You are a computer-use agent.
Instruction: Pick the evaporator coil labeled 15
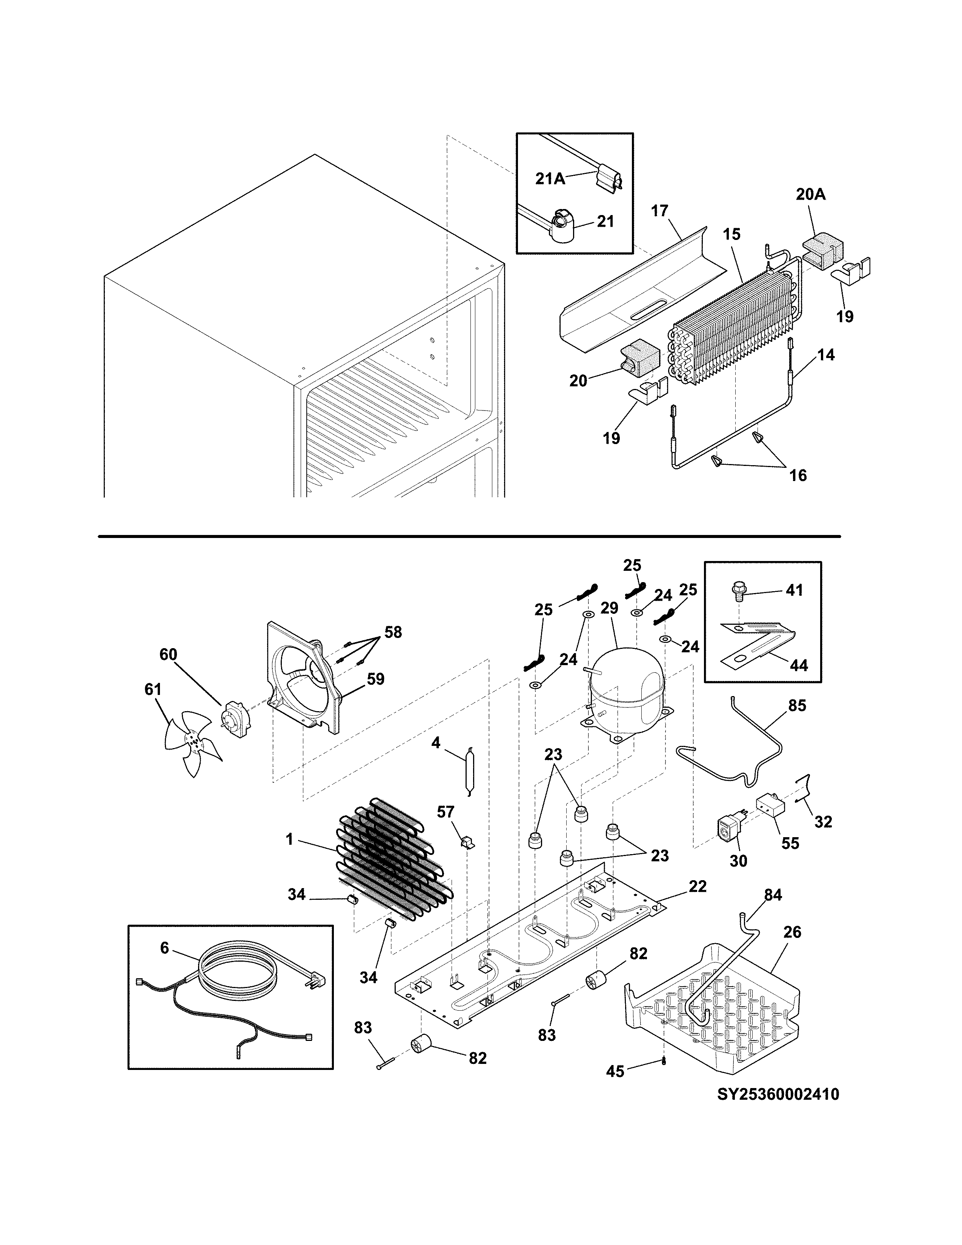pyautogui.click(x=735, y=325)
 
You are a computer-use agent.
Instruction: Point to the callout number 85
pyautogui.click(x=797, y=706)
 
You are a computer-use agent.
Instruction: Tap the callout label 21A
pyautogui.click(x=550, y=178)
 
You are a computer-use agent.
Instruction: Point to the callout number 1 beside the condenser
pyautogui.click(x=289, y=839)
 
